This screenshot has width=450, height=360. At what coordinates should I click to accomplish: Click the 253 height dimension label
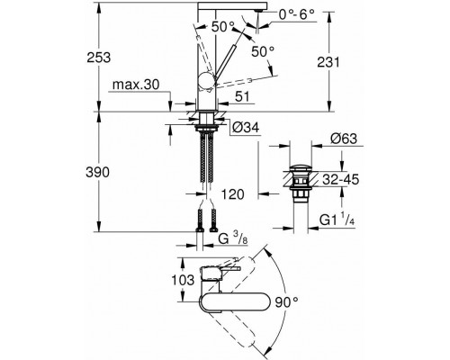[x=99, y=58]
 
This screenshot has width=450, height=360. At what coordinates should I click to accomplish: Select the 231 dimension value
[x=328, y=62]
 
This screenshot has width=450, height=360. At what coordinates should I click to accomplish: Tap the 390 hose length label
[x=97, y=173]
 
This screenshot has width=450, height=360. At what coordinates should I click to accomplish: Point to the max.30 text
[x=136, y=85]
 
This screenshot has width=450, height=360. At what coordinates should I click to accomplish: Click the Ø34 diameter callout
[x=246, y=128]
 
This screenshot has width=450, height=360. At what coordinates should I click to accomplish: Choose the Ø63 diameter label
[x=344, y=139]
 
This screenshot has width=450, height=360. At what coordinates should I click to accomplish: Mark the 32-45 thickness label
[x=341, y=180]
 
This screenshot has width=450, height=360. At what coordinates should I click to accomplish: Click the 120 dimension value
[x=233, y=194]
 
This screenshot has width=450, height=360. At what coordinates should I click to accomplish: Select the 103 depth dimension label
[x=183, y=280]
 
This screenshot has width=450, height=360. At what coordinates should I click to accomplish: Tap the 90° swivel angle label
[x=287, y=302]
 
